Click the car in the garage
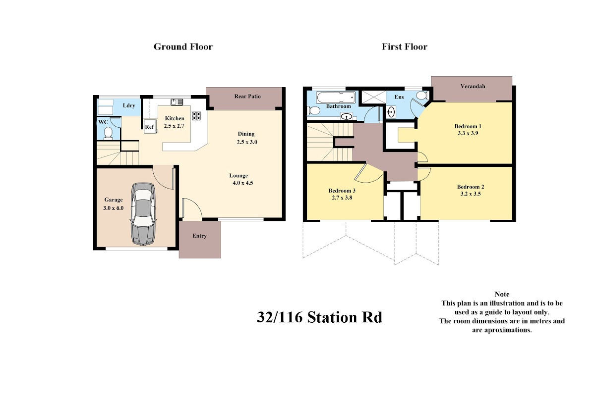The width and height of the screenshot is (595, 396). coord(143,214)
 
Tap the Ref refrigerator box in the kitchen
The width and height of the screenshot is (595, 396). coord(150,127)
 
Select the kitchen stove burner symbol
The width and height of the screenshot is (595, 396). coord(196,116)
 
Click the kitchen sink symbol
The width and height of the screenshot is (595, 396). coord(177,102)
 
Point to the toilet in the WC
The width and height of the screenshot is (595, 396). coord(108,133)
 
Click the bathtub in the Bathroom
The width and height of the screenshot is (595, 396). coord(336,98)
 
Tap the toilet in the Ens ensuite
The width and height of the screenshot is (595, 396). coord(421,95)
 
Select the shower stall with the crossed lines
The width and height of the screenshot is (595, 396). coord(373,97)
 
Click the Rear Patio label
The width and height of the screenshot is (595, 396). coord(247,97)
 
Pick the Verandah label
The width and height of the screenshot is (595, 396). coord(473,86)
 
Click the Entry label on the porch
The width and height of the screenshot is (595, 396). coord(199,236)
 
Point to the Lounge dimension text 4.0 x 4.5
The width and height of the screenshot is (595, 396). coord(243,183)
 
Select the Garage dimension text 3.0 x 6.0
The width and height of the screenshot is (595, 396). coord(114,208)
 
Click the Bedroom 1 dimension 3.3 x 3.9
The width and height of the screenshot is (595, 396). coord(468,133)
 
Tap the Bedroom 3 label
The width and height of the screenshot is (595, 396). coord(342,191)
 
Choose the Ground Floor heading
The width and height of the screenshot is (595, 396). coord(183,47)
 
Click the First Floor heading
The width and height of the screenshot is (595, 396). coord(404,47)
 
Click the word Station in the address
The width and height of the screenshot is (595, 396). coord(332,317)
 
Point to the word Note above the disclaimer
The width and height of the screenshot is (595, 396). coord(502,294)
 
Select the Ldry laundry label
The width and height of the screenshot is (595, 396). coord(129,105)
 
